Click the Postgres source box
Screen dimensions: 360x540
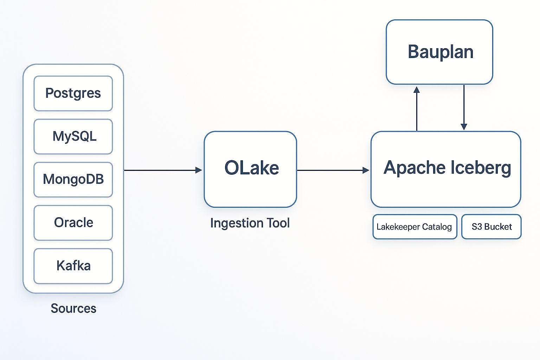coord(73,94)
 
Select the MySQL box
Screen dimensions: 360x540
coord(73,136)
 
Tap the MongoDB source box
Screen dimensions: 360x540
coord(73,180)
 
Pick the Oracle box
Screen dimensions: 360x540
coord(73,223)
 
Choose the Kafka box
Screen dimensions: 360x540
coord(73,266)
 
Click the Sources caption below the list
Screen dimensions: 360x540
coord(73,308)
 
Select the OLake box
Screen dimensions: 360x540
coord(250,169)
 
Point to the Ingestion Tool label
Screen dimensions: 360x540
coord(250,223)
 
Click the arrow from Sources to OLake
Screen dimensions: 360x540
coord(162,170)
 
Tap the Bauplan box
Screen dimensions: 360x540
coord(439,52)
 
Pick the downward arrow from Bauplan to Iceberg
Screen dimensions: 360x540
coord(464,107)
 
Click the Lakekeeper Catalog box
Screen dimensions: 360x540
coord(414,227)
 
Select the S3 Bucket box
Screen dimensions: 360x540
coord(491,227)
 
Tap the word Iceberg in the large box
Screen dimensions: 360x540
coord(480,168)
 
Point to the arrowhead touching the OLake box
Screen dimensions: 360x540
coord(199,170)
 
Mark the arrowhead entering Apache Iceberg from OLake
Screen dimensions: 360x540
coord(366,170)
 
